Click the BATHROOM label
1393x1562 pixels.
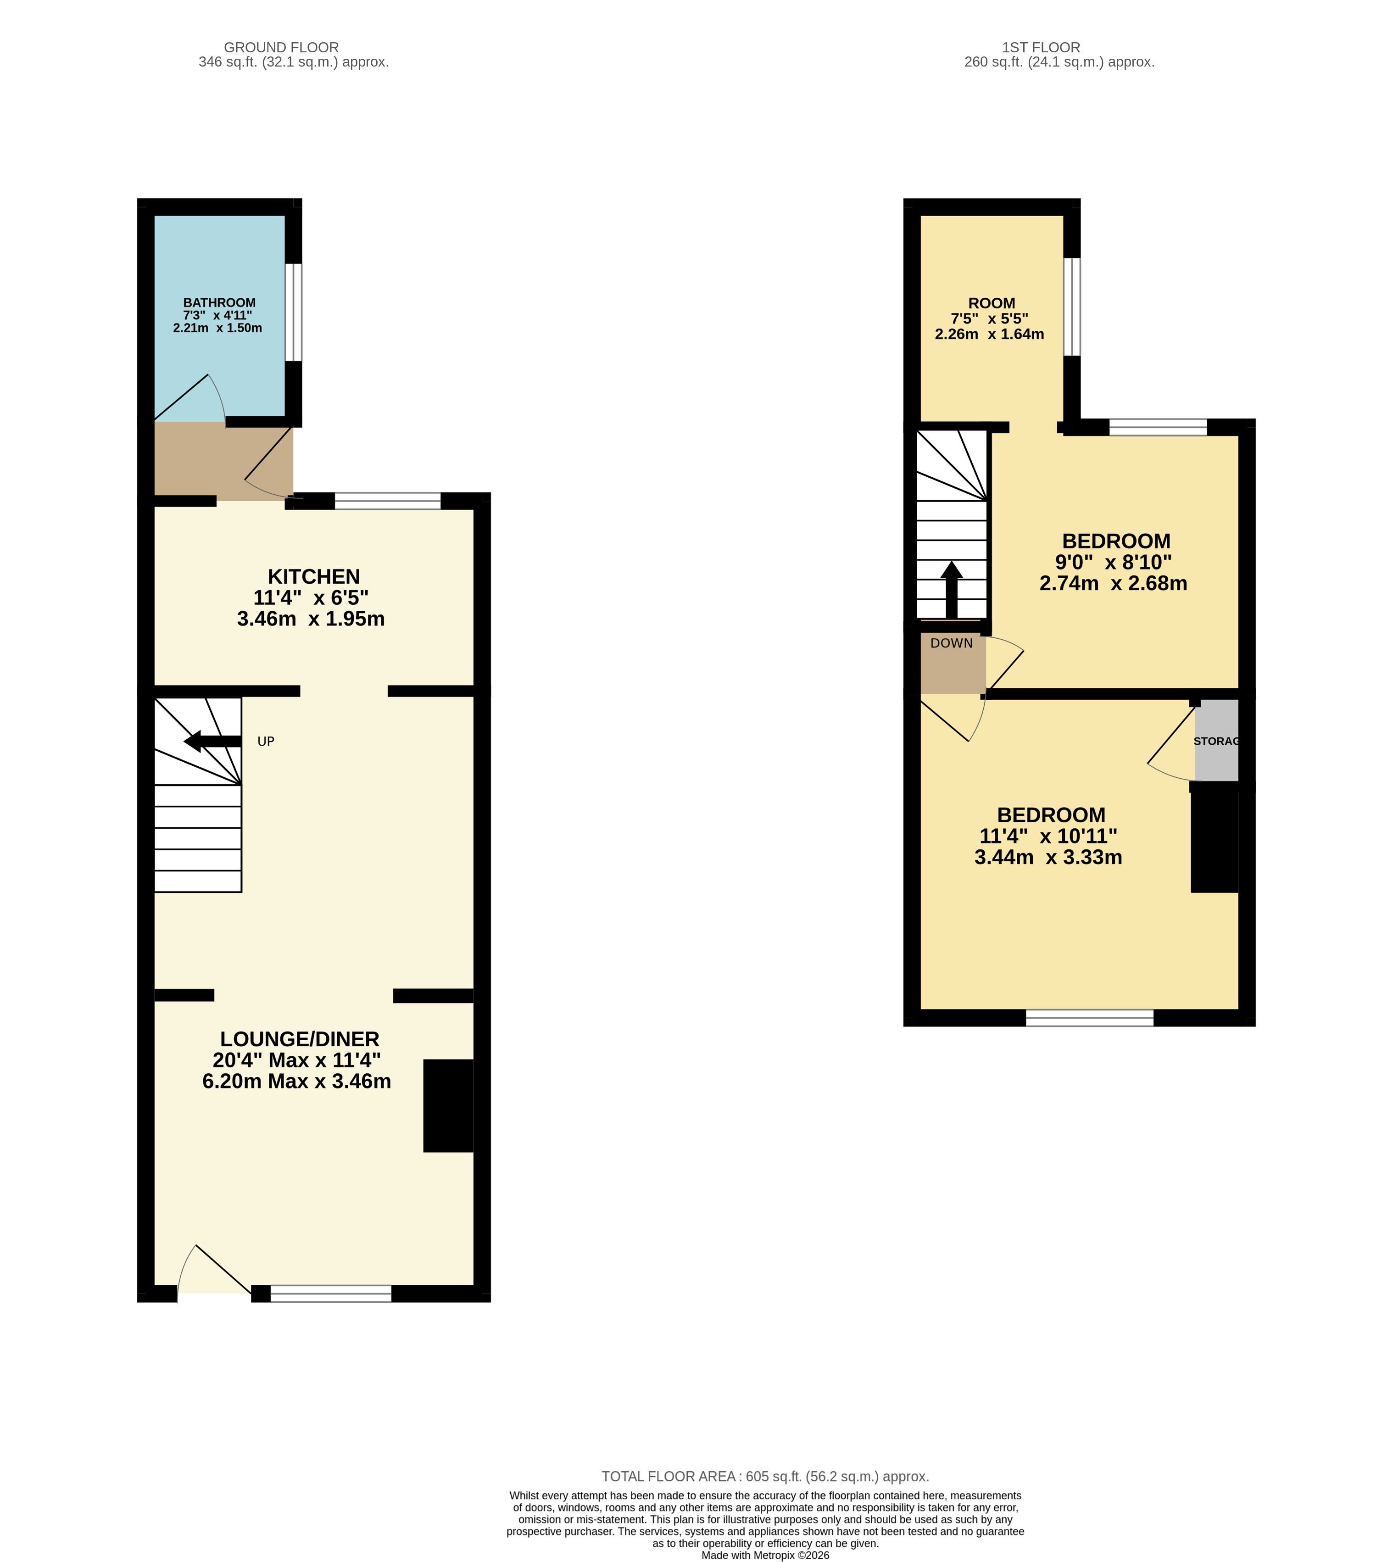tap(220, 303)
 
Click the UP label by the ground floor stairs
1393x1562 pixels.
tap(266, 742)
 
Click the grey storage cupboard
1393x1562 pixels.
tap(1216, 740)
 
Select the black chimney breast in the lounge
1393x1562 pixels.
tap(449, 1106)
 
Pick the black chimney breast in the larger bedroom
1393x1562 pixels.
tap(1215, 842)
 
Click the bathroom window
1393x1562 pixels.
tap(294, 312)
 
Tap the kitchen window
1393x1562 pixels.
tap(388, 501)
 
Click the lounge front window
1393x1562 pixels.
tap(331, 1294)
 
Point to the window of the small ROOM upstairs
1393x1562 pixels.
tap(1072, 307)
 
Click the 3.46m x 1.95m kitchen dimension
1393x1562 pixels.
tap(311, 619)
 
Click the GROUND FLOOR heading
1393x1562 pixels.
tap(282, 47)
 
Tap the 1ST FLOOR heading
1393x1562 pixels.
tap(1041, 47)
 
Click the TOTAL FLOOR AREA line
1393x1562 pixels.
tap(765, 1476)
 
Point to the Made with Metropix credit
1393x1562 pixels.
tap(765, 1555)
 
